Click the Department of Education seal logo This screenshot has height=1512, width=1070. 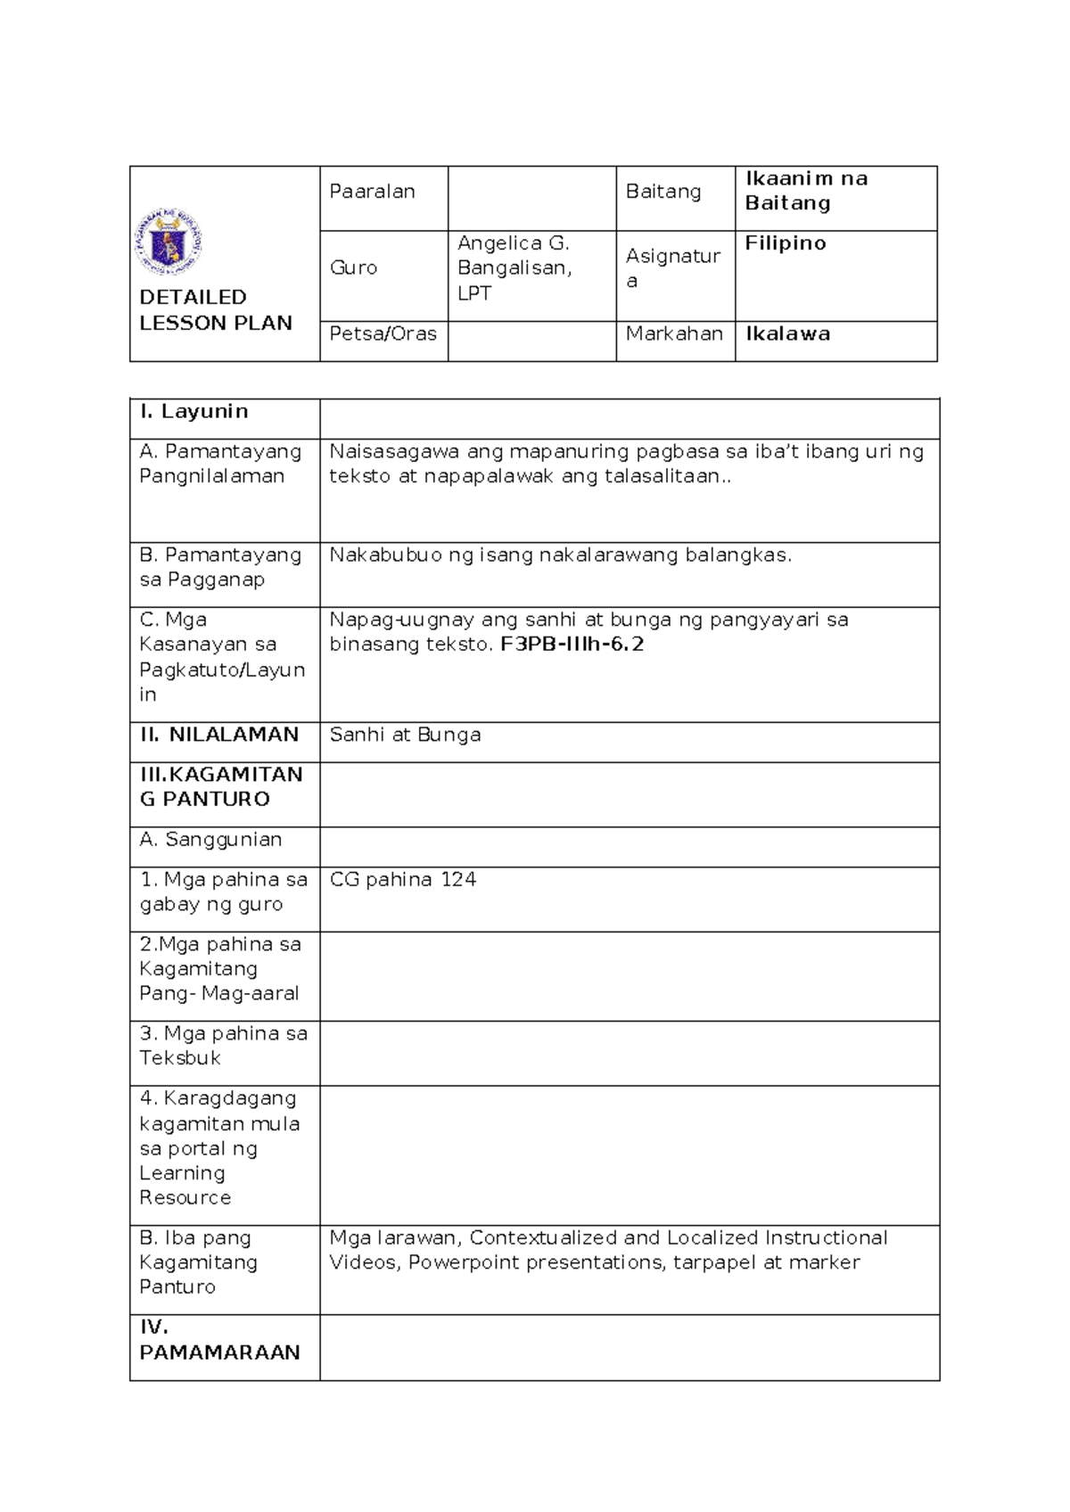click(x=169, y=242)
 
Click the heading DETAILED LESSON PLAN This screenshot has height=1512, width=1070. click(x=215, y=310)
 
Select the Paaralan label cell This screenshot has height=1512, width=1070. click(x=372, y=192)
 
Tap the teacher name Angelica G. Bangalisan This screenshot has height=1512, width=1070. click(x=514, y=255)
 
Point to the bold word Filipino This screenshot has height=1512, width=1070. click(x=785, y=243)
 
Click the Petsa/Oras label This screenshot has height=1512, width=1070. click(x=383, y=333)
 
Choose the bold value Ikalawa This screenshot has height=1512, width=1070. click(x=787, y=333)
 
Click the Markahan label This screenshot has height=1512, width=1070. click(x=673, y=333)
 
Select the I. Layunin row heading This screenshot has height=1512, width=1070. click(x=193, y=411)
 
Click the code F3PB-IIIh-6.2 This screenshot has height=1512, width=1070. click(x=572, y=645)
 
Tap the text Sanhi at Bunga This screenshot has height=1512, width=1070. click(x=405, y=735)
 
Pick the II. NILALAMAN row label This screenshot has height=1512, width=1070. click(x=218, y=735)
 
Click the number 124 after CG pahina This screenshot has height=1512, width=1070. click(x=458, y=880)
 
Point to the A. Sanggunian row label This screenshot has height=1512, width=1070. click(x=210, y=840)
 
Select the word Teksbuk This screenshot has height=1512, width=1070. click(x=180, y=1058)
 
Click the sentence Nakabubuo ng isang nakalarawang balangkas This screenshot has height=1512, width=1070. click(x=560, y=555)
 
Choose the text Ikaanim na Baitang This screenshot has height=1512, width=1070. click(x=805, y=191)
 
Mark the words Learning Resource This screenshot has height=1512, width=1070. click(x=184, y=1186)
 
